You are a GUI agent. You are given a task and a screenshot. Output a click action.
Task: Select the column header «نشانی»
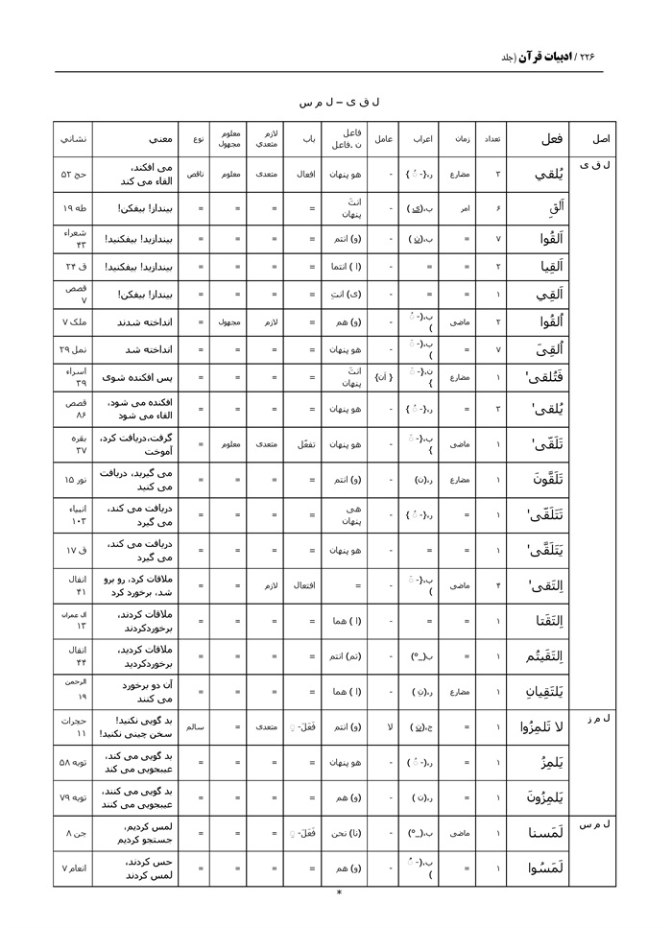pyautogui.click(x=74, y=139)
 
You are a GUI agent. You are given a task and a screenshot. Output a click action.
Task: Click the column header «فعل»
pyautogui.click(x=551, y=139)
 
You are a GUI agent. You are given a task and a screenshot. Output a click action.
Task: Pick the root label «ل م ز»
pyautogui.click(x=600, y=718)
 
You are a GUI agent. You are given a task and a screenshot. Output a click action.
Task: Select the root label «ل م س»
pyautogui.click(x=599, y=824)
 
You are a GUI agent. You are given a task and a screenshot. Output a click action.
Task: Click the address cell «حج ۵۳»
pyautogui.click(x=74, y=175)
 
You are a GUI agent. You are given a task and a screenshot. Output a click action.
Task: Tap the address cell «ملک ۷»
pyautogui.click(x=74, y=323)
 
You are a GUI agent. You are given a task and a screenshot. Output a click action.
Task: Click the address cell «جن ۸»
pyautogui.click(x=74, y=834)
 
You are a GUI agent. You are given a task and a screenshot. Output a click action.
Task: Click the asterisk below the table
pyautogui.click(x=339, y=892)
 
